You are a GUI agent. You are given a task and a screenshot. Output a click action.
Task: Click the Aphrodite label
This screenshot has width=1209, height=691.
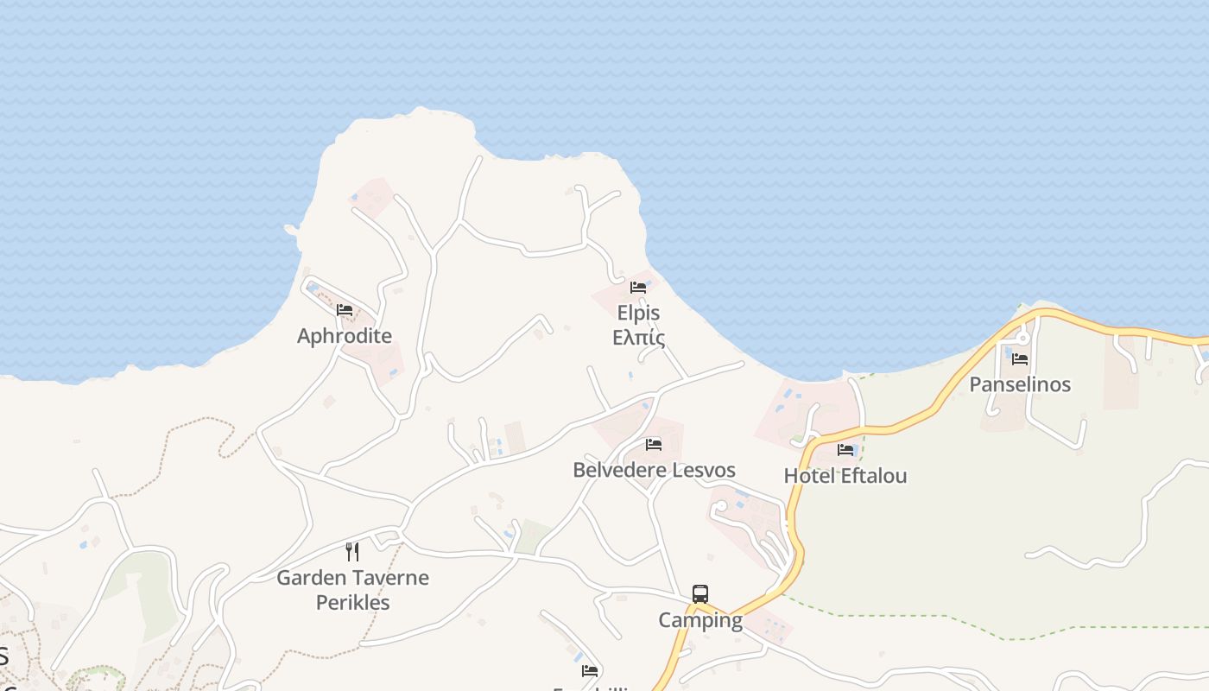[344, 336]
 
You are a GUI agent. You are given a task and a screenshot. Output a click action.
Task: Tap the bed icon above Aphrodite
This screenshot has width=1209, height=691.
[345, 310]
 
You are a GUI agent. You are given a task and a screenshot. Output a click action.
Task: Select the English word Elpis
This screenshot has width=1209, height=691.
[638, 313]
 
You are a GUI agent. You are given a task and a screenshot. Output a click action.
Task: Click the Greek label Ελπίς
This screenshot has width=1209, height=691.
[638, 337]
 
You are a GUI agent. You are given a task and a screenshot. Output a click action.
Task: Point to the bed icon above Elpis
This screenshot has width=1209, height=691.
[638, 288]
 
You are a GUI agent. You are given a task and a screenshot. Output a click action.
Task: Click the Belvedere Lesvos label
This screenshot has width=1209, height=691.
[654, 470]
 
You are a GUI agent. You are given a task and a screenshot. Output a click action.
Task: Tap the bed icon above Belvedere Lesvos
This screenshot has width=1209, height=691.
[654, 445]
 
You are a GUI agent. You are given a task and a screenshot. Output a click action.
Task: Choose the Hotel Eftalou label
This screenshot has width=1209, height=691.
[845, 475]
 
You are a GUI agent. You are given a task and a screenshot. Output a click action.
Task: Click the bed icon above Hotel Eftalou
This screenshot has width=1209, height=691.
[845, 450]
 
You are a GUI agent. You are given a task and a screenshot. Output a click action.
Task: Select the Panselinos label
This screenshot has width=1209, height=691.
[1020, 384]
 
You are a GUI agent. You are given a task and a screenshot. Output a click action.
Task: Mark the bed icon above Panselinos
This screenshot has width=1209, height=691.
[1020, 359]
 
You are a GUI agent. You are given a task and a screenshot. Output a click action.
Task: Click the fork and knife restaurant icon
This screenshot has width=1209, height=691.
[352, 552]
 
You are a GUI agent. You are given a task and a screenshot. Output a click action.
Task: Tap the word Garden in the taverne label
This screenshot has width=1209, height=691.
[308, 577]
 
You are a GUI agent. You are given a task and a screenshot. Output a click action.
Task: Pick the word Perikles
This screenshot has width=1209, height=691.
[352, 602]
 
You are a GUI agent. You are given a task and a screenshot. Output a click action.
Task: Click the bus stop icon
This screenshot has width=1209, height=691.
[700, 594]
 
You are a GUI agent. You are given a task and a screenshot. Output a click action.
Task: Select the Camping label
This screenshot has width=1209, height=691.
[699, 620]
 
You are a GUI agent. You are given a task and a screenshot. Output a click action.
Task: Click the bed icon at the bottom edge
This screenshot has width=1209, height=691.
[590, 670]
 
